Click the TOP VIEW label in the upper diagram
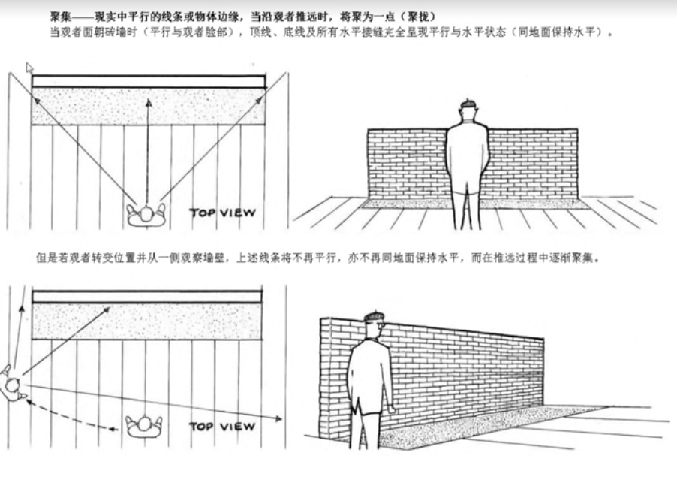222,213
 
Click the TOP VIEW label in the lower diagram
222,427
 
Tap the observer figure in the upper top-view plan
146,215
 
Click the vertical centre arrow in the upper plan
147,150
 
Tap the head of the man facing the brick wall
468,111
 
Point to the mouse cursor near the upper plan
30,68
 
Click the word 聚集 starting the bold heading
60,15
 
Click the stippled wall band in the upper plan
149,106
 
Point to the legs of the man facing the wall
466,207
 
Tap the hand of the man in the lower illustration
391,409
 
